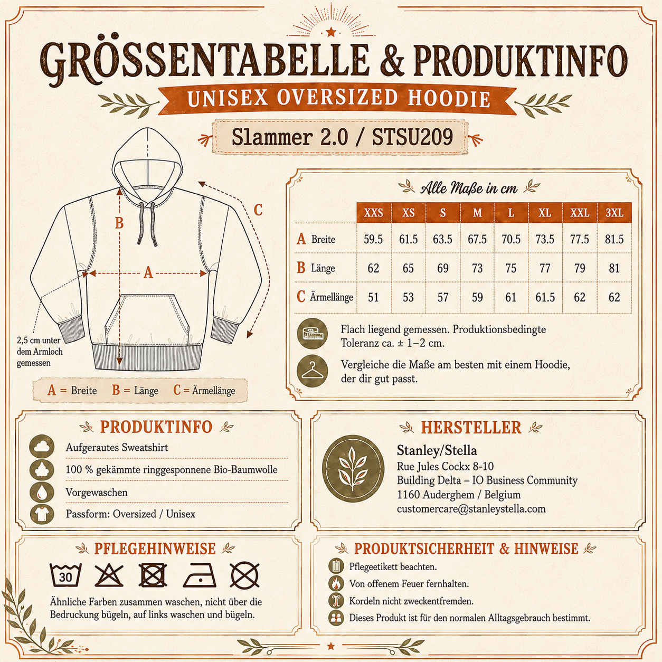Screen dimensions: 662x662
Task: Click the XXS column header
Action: click(x=374, y=213)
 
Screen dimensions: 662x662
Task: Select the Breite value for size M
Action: click(x=477, y=239)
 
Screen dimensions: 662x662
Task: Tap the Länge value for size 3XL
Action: click(x=614, y=268)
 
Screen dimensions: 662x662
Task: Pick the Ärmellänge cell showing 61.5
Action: click(x=545, y=297)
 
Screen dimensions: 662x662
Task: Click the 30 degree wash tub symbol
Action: click(x=65, y=575)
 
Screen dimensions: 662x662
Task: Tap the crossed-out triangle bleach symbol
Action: click(x=109, y=575)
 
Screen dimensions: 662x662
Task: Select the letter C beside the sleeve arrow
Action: click(x=258, y=210)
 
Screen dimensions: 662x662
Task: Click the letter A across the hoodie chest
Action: click(x=148, y=273)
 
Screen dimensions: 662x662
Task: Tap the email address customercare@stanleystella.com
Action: click(x=471, y=509)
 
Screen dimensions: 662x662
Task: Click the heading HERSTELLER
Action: click(x=471, y=428)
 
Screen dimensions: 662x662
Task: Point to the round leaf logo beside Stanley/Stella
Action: click(x=353, y=469)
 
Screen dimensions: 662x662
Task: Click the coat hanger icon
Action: click(x=313, y=371)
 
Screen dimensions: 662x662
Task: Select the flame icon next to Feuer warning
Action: click(x=336, y=583)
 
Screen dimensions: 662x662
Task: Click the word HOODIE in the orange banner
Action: click(x=449, y=99)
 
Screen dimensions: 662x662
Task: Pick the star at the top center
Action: click(x=331, y=32)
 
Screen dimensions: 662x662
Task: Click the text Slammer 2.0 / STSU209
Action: click(x=342, y=137)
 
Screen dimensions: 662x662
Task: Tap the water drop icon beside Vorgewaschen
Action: click(x=42, y=492)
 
